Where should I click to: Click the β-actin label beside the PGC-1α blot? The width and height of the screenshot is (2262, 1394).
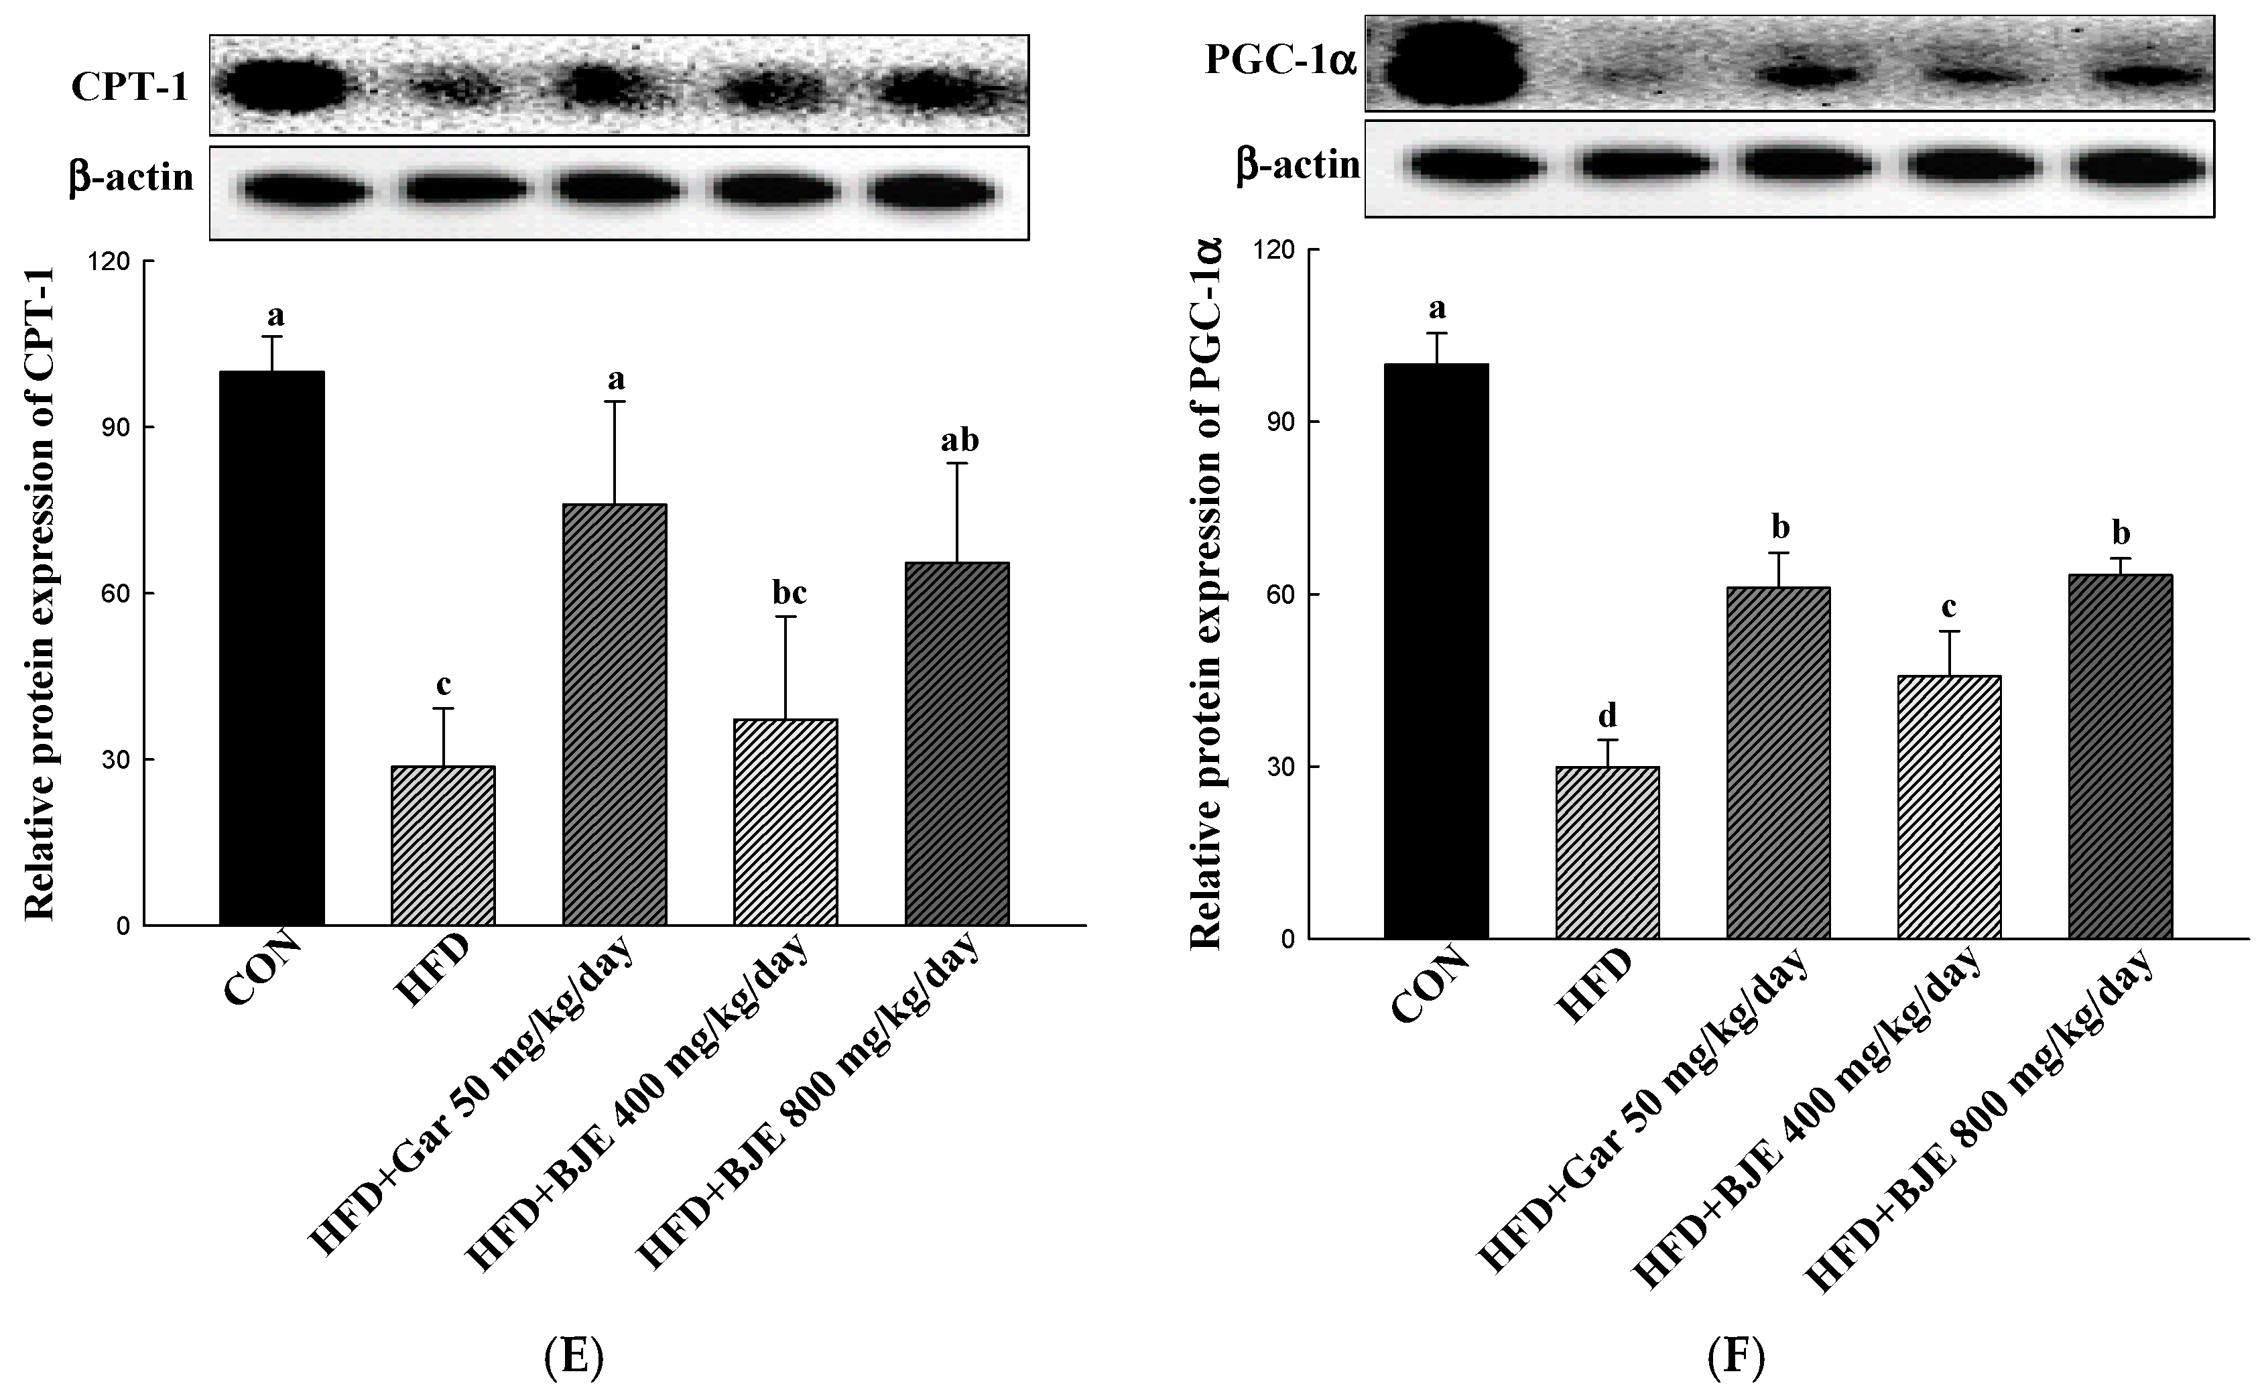(1298, 167)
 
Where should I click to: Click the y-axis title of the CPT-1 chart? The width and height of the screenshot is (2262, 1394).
(39, 594)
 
